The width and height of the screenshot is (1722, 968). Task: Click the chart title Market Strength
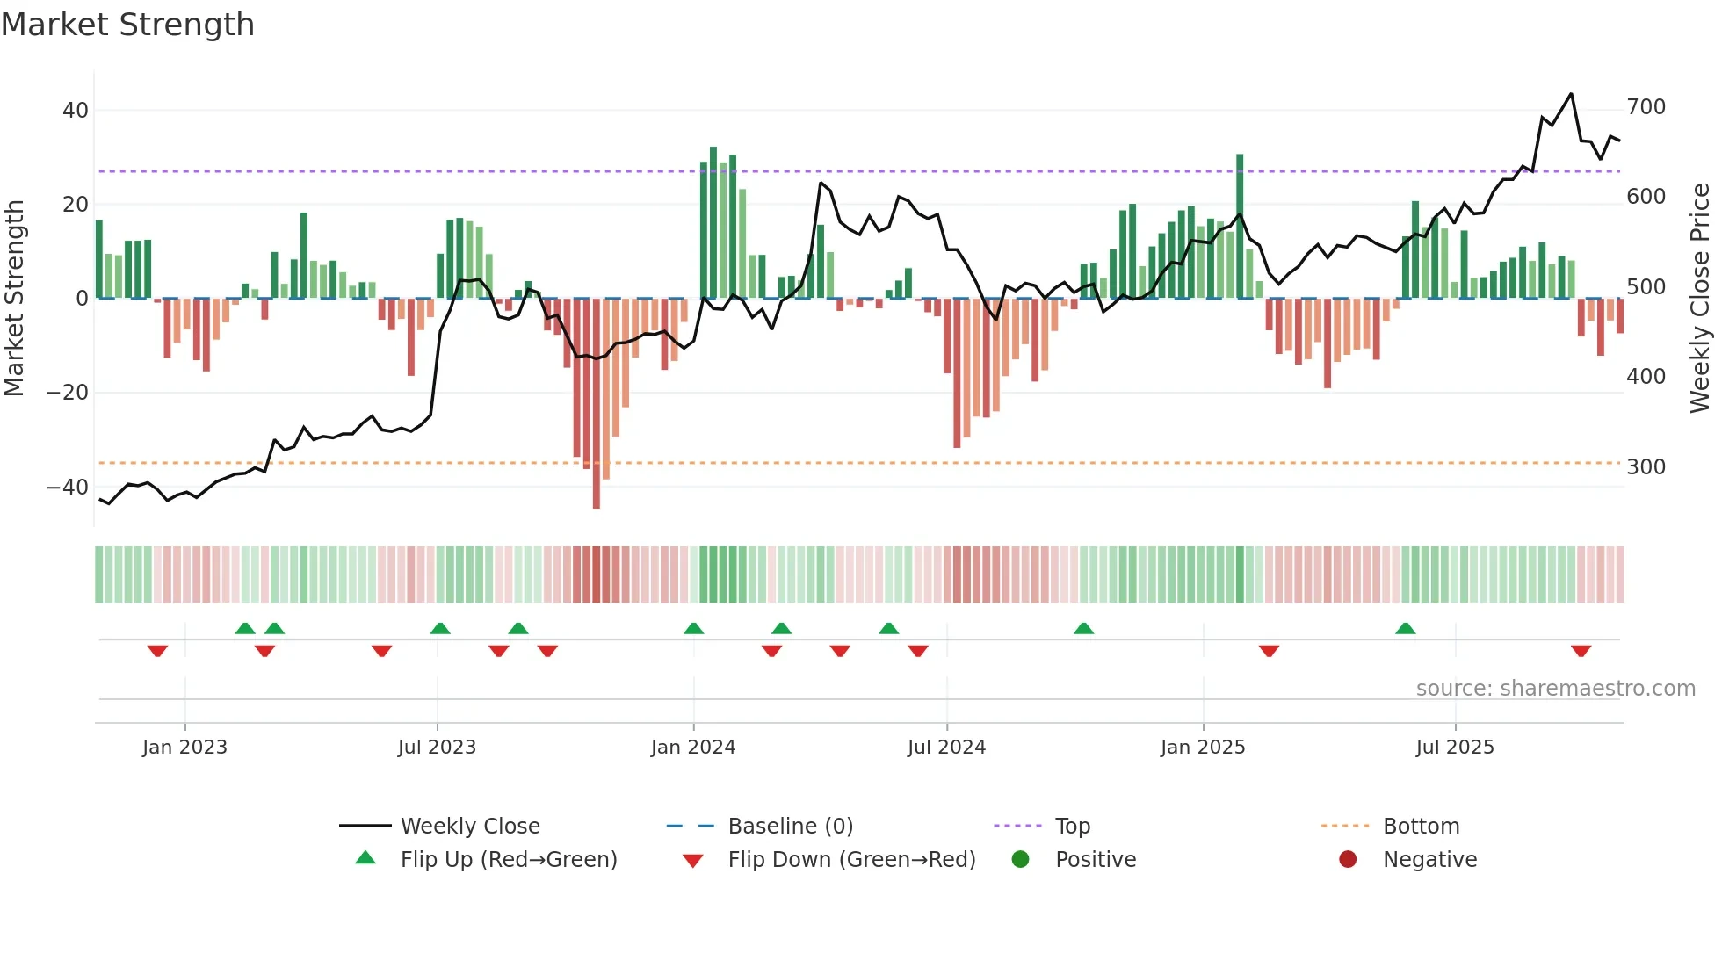pyautogui.click(x=127, y=25)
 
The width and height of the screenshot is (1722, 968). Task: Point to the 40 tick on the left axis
pyautogui.click(x=76, y=111)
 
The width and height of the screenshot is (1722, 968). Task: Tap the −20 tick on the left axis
pyautogui.click(x=69, y=393)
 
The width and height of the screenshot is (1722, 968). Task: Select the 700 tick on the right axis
pyautogui.click(x=1646, y=107)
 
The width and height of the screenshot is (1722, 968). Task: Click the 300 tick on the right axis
pyautogui.click(x=1646, y=467)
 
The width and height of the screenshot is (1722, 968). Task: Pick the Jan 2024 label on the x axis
pyautogui.click(x=693, y=748)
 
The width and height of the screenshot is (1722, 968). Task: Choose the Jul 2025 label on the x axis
pyautogui.click(x=1455, y=748)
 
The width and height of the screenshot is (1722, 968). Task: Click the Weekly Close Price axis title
pyautogui.click(x=1700, y=299)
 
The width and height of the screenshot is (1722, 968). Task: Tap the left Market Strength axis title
pyautogui.click(x=14, y=299)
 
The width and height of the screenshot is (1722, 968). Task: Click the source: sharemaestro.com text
pyautogui.click(x=1555, y=689)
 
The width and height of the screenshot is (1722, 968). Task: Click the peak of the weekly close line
pyautogui.click(x=1571, y=94)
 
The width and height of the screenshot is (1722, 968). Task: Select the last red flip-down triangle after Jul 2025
pyautogui.click(x=1581, y=651)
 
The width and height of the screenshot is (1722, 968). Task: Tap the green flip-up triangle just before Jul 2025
pyautogui.click(x=1406, y=629)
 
